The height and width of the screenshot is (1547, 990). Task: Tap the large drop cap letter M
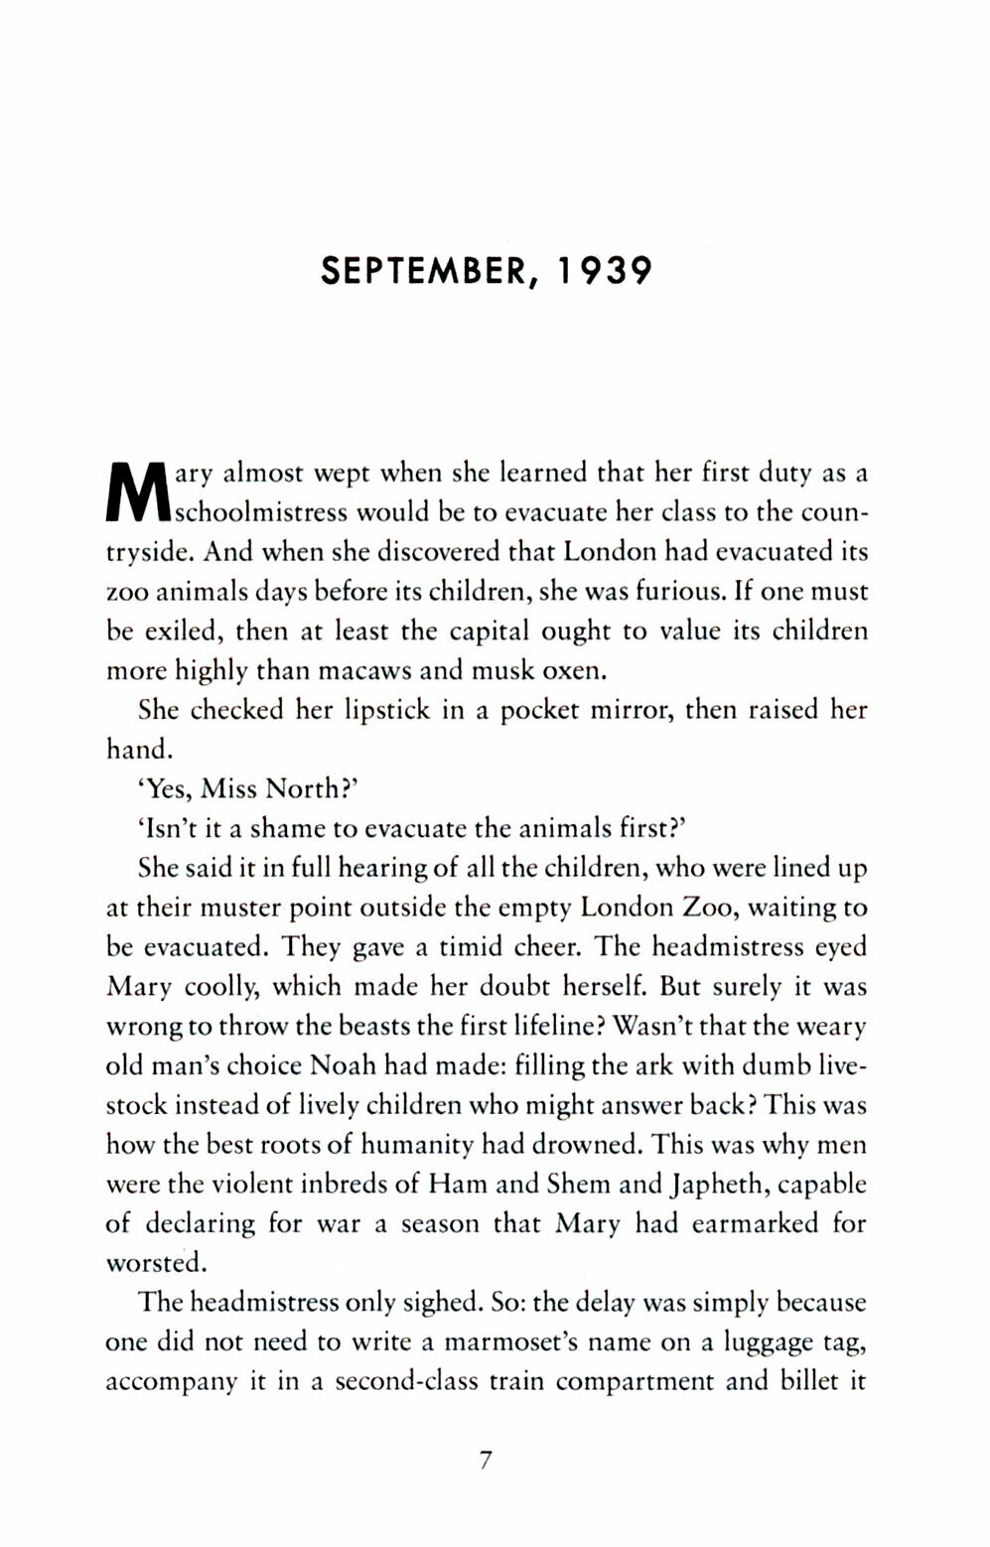(x=138, y=493)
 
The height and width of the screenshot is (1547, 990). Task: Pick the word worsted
(x=154, y=1264)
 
